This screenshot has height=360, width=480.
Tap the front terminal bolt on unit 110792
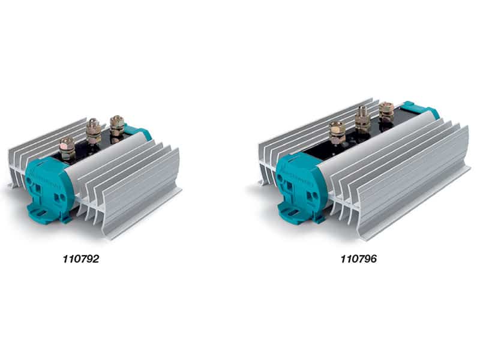click(67, 146)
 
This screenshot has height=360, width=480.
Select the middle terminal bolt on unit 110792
click(93, 128)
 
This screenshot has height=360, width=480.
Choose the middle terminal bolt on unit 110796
click(362, 117)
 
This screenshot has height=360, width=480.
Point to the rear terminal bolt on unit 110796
click(386, 110)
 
